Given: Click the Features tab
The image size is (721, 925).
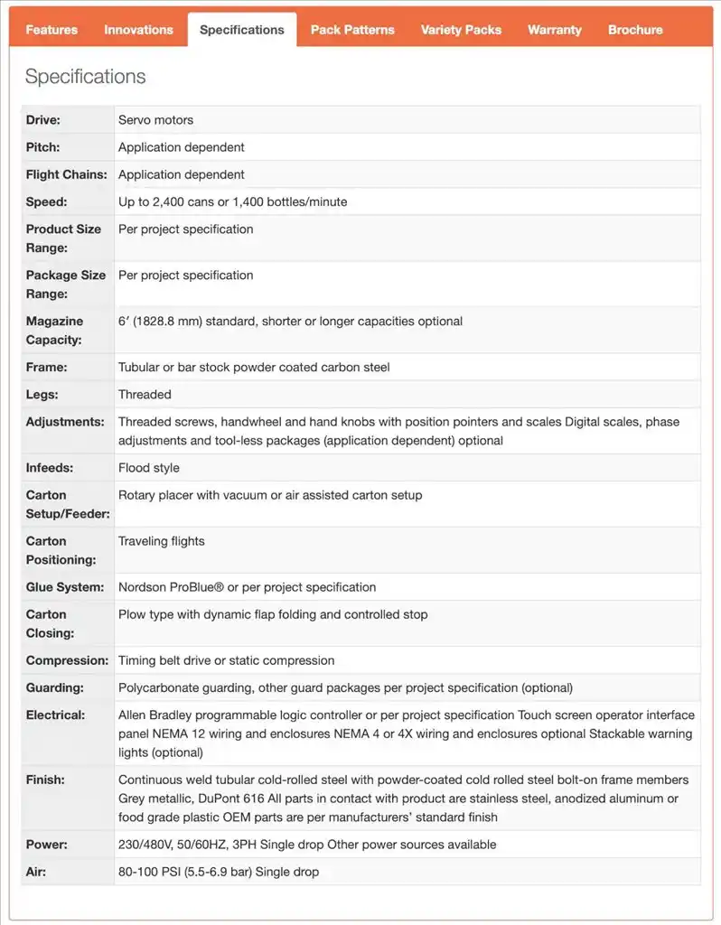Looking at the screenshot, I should click(x=51, y=30).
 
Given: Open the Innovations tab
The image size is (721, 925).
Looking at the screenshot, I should click(x=138, y=30).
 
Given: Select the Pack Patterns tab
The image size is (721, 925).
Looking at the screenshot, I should click(x=352, y=30).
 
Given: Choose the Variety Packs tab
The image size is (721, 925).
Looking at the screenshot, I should click(x=461, y=30).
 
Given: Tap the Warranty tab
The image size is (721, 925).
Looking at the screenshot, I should click(x=555, y=30).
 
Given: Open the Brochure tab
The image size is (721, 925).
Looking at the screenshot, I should click(x=635, y=30).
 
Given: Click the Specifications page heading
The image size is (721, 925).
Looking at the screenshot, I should click(x=85, y=77).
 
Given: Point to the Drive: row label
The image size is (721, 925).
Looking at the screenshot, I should click(x=43, y=120).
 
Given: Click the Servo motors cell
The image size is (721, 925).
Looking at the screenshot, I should click(x=155, y=120).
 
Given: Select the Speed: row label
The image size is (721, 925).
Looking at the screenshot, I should click(x=47, y=202).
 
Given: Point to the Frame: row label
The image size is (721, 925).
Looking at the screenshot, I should click(x=47, y=368).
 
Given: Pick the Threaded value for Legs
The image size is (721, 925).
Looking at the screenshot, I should click(x=145, y=395).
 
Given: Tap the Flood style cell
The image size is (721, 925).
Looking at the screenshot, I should click(x=149, y=468).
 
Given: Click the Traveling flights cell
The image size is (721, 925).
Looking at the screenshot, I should click(x=162, y=541).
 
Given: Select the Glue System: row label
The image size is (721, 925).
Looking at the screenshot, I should click(x=65, y=587).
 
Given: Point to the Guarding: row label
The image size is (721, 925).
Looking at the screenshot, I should click(x=55, y=687).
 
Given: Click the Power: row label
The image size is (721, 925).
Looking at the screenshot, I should click(x=46, y=845).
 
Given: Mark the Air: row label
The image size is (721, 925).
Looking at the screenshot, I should click(x=36, y=872).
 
